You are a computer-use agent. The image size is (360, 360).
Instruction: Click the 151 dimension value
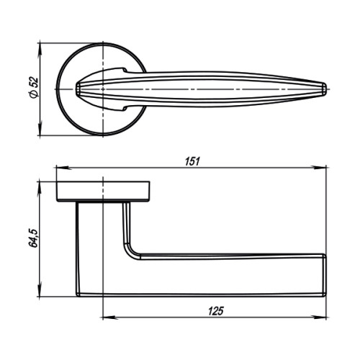click(191, 161)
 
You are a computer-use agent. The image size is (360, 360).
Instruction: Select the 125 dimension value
click(213, 311)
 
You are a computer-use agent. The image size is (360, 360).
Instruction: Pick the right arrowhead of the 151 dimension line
click(325, 169)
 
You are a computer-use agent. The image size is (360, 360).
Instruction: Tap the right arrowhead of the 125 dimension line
click(325, 318)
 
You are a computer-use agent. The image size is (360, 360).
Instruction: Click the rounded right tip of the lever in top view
click(325, 89)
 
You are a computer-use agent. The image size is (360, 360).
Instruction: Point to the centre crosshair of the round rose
click(104, 89)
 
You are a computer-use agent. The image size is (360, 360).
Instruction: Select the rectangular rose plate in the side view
click(104, 190)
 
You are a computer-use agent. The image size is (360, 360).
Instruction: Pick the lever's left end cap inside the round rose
click(78, 89)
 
